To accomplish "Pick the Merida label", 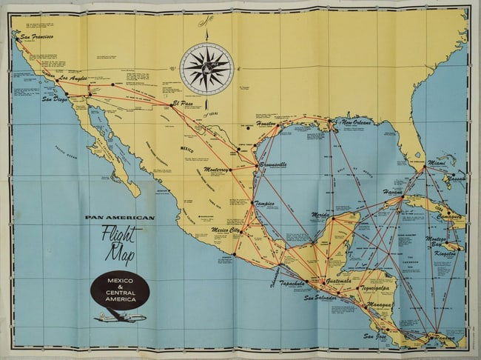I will point(320,215).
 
